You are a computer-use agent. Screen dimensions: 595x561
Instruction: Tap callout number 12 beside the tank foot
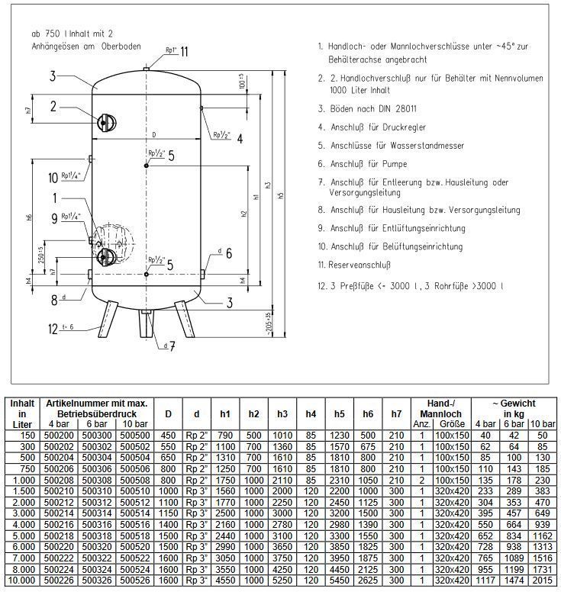click(53, 329)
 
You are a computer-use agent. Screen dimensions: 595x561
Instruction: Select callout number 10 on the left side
click(53, 178)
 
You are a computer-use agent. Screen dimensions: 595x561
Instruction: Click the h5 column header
click(340, 414)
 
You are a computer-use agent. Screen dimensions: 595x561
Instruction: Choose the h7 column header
click(396, 414)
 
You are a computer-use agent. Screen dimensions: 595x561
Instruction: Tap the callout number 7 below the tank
click(172, 347)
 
